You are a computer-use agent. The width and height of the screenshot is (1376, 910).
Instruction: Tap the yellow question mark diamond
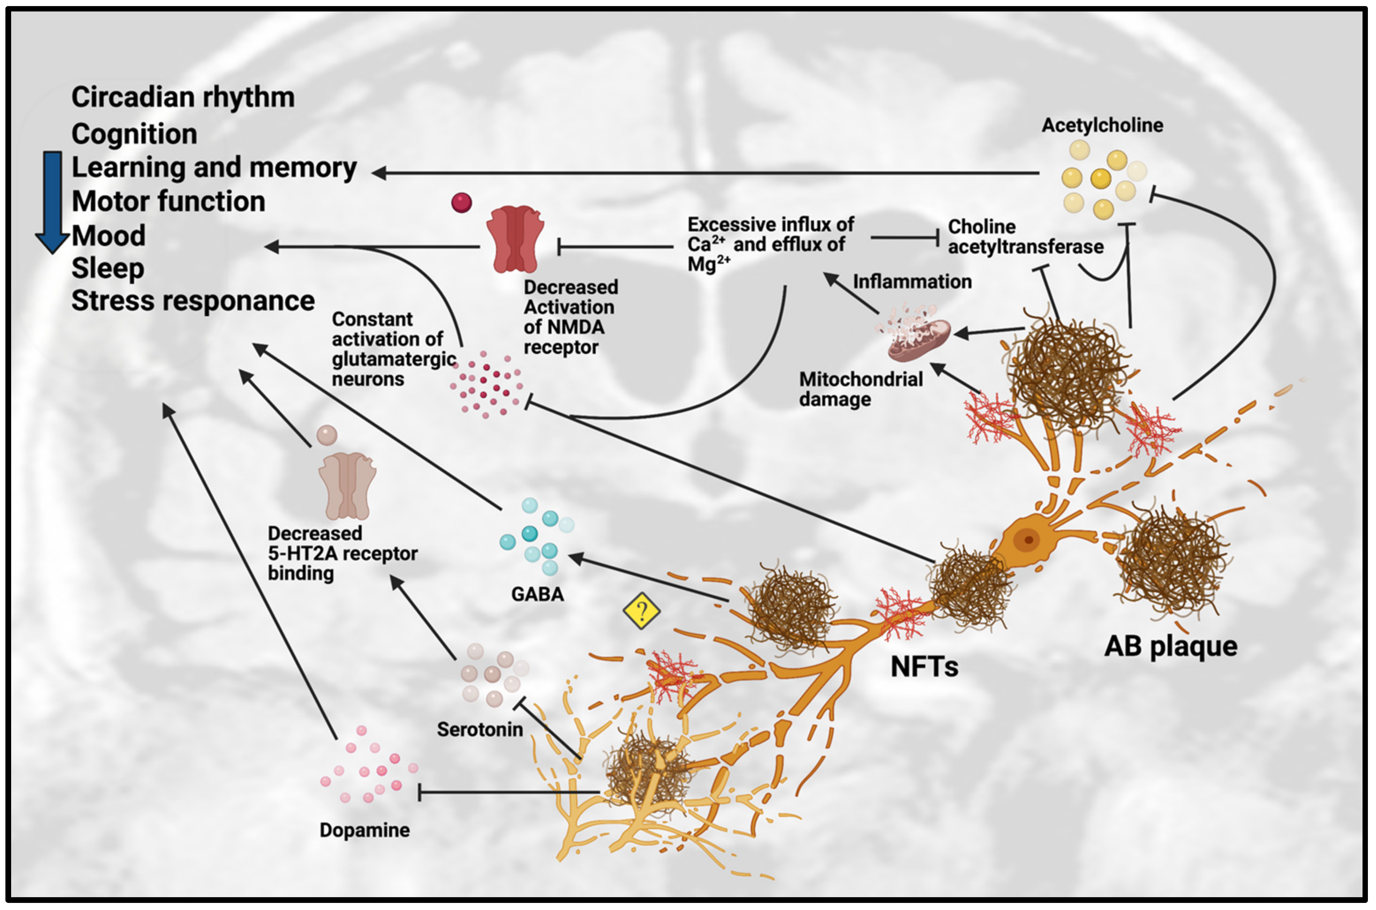pyautogui.click(x=641, y=611)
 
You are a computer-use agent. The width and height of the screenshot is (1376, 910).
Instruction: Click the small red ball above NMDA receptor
pyautogui.click(x=461, y=203)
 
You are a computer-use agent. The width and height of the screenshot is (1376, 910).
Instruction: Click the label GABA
pyautogui.click(x=537, y=594)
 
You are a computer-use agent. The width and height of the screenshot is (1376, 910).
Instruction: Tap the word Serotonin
pyautogui.click(x=480, y=729)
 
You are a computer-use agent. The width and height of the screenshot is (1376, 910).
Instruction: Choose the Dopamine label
pyautogui.click(x=365, y=830)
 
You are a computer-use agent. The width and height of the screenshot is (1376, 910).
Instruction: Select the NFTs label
pyautogui.click(x=925, y=667)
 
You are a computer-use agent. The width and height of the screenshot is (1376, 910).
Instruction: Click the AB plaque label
pyautogui.click(x=1170, y=646)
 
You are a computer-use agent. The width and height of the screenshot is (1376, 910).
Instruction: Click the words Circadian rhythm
pyautogui.click(x=183, y=97)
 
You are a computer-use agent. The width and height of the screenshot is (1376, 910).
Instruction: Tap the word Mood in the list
pyautogui.click(x=108, y=236)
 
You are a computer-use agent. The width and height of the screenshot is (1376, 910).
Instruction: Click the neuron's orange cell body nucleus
pyautogui.click(x=1028, y=540)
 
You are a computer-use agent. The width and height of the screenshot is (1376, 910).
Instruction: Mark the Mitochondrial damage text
pyautogui.click(x=861, y=389)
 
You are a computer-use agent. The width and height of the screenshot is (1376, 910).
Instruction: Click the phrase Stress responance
pyautogui.click(x=193, y=301)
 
